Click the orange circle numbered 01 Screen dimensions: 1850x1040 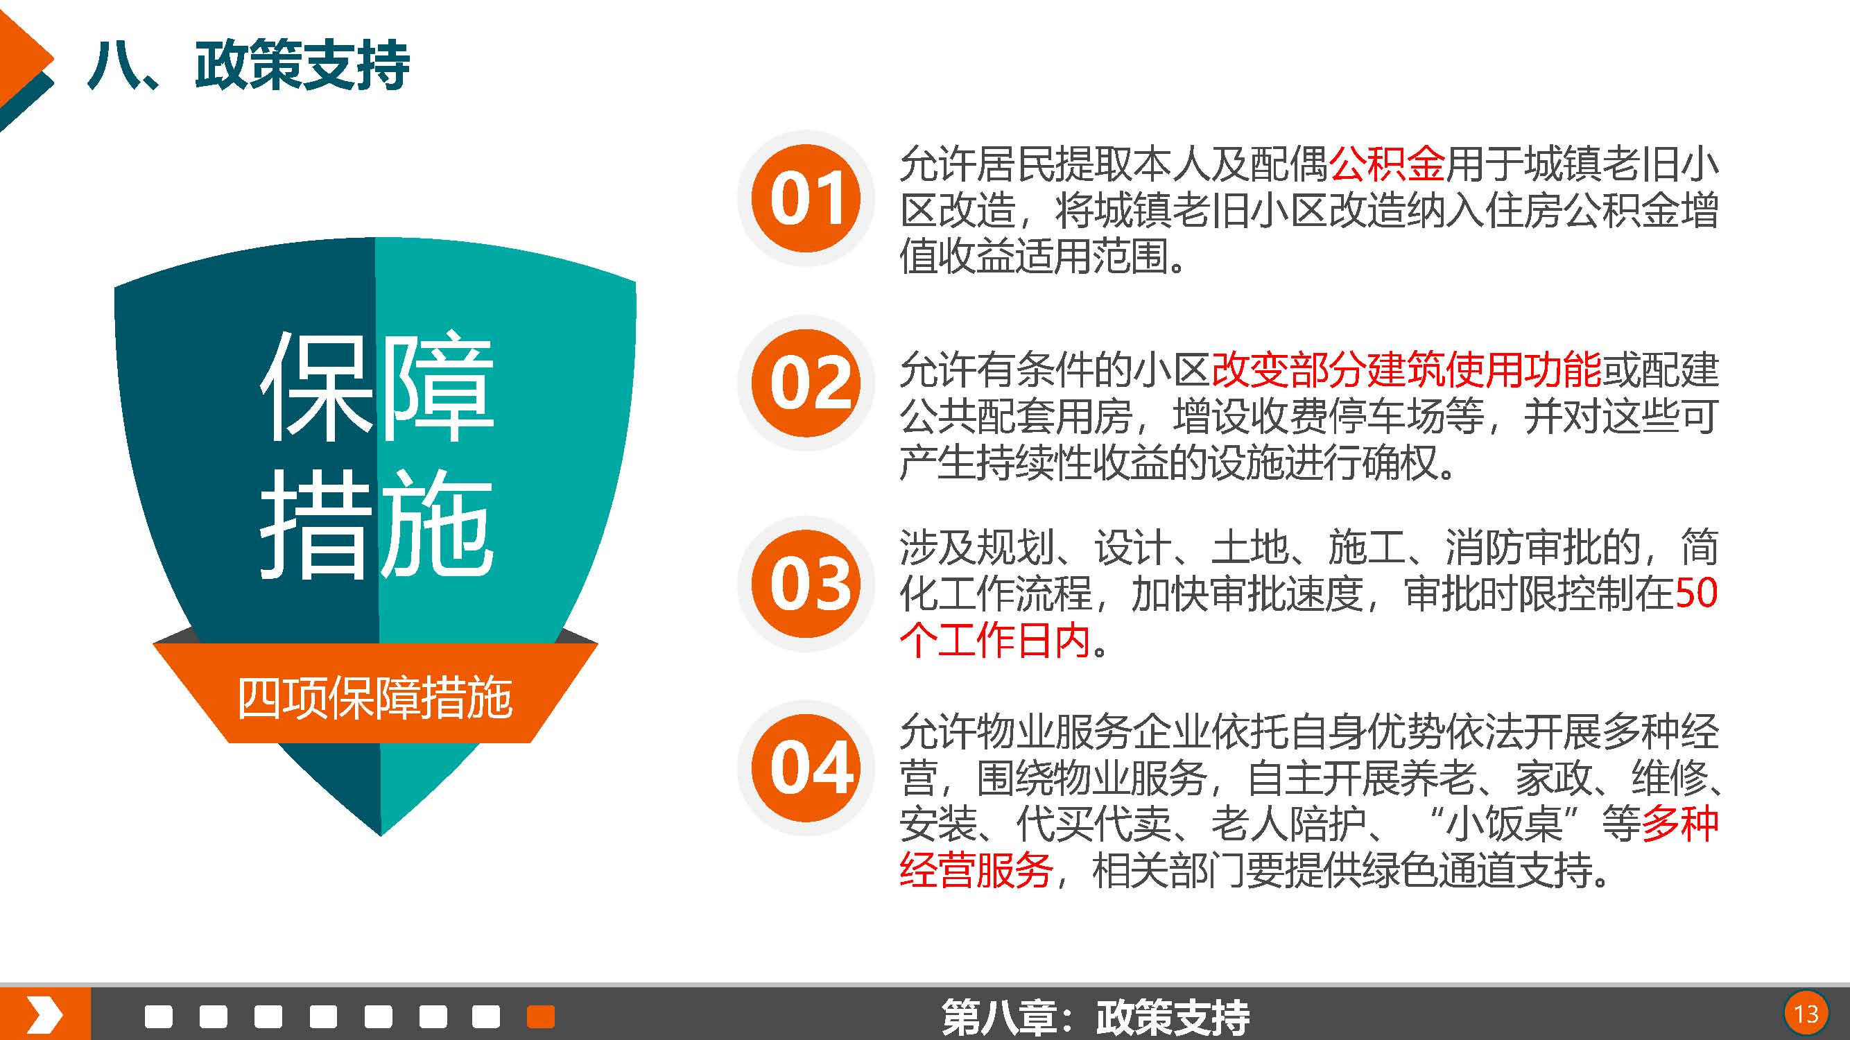tap(806, 198)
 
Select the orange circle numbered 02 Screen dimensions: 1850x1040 tap(806, 383)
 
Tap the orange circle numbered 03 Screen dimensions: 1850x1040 tap(806, 583)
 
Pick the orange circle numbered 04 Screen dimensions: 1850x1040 tap(806, 768)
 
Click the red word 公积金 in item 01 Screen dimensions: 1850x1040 tap(1387, 164)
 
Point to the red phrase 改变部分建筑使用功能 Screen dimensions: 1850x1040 tap(1406, 370)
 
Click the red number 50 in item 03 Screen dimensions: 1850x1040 tap(1695, 593)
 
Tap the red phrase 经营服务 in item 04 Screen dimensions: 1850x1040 tap(976, 871)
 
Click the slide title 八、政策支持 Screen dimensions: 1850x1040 tap(248, 65)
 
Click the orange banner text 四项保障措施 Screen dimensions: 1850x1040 tap(375, 697)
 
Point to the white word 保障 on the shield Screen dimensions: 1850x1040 tap(377, 385)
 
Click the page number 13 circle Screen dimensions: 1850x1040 tap(1806, 1014)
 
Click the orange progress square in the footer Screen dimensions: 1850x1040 tap(541, 1016)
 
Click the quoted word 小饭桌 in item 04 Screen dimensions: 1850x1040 tap(1505, 824)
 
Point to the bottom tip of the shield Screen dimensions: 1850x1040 tap(381, 836)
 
